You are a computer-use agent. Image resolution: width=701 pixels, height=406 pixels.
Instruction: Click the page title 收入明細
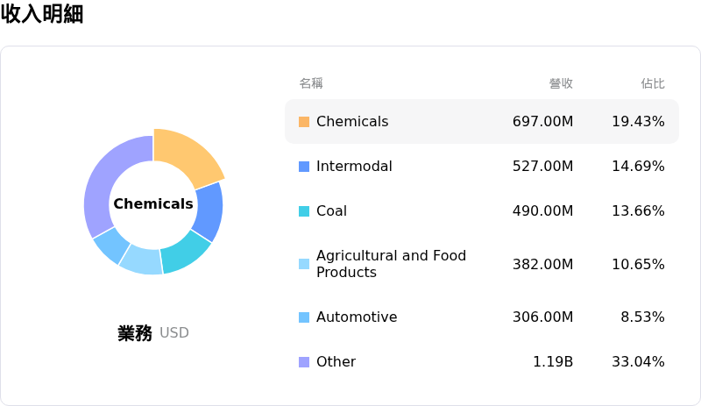42,14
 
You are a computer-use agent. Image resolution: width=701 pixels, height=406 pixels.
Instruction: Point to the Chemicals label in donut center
153,204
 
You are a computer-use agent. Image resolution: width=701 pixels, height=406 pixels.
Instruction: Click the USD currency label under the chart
174,333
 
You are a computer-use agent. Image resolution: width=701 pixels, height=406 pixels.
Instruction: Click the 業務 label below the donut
135,333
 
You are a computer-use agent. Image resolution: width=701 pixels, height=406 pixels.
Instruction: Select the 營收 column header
561,83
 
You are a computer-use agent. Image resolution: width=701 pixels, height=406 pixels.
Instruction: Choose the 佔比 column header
653,83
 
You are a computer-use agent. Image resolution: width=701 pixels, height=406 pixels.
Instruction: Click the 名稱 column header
311,83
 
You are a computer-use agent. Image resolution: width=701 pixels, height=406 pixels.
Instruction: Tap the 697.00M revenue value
542,122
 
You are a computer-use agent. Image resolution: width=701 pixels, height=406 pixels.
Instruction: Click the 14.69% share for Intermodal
638,167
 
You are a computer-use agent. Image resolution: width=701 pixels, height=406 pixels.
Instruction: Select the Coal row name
331,211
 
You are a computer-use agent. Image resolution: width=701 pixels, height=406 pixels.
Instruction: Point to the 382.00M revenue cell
542,265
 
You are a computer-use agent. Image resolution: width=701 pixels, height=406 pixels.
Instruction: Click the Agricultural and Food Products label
391,264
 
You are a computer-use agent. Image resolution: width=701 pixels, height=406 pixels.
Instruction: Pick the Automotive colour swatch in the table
304,317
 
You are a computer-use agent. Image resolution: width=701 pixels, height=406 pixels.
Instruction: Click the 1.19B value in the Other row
553,362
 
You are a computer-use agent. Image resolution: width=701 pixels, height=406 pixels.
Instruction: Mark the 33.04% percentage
638,362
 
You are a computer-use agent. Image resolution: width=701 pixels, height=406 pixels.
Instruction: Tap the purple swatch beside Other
304,362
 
